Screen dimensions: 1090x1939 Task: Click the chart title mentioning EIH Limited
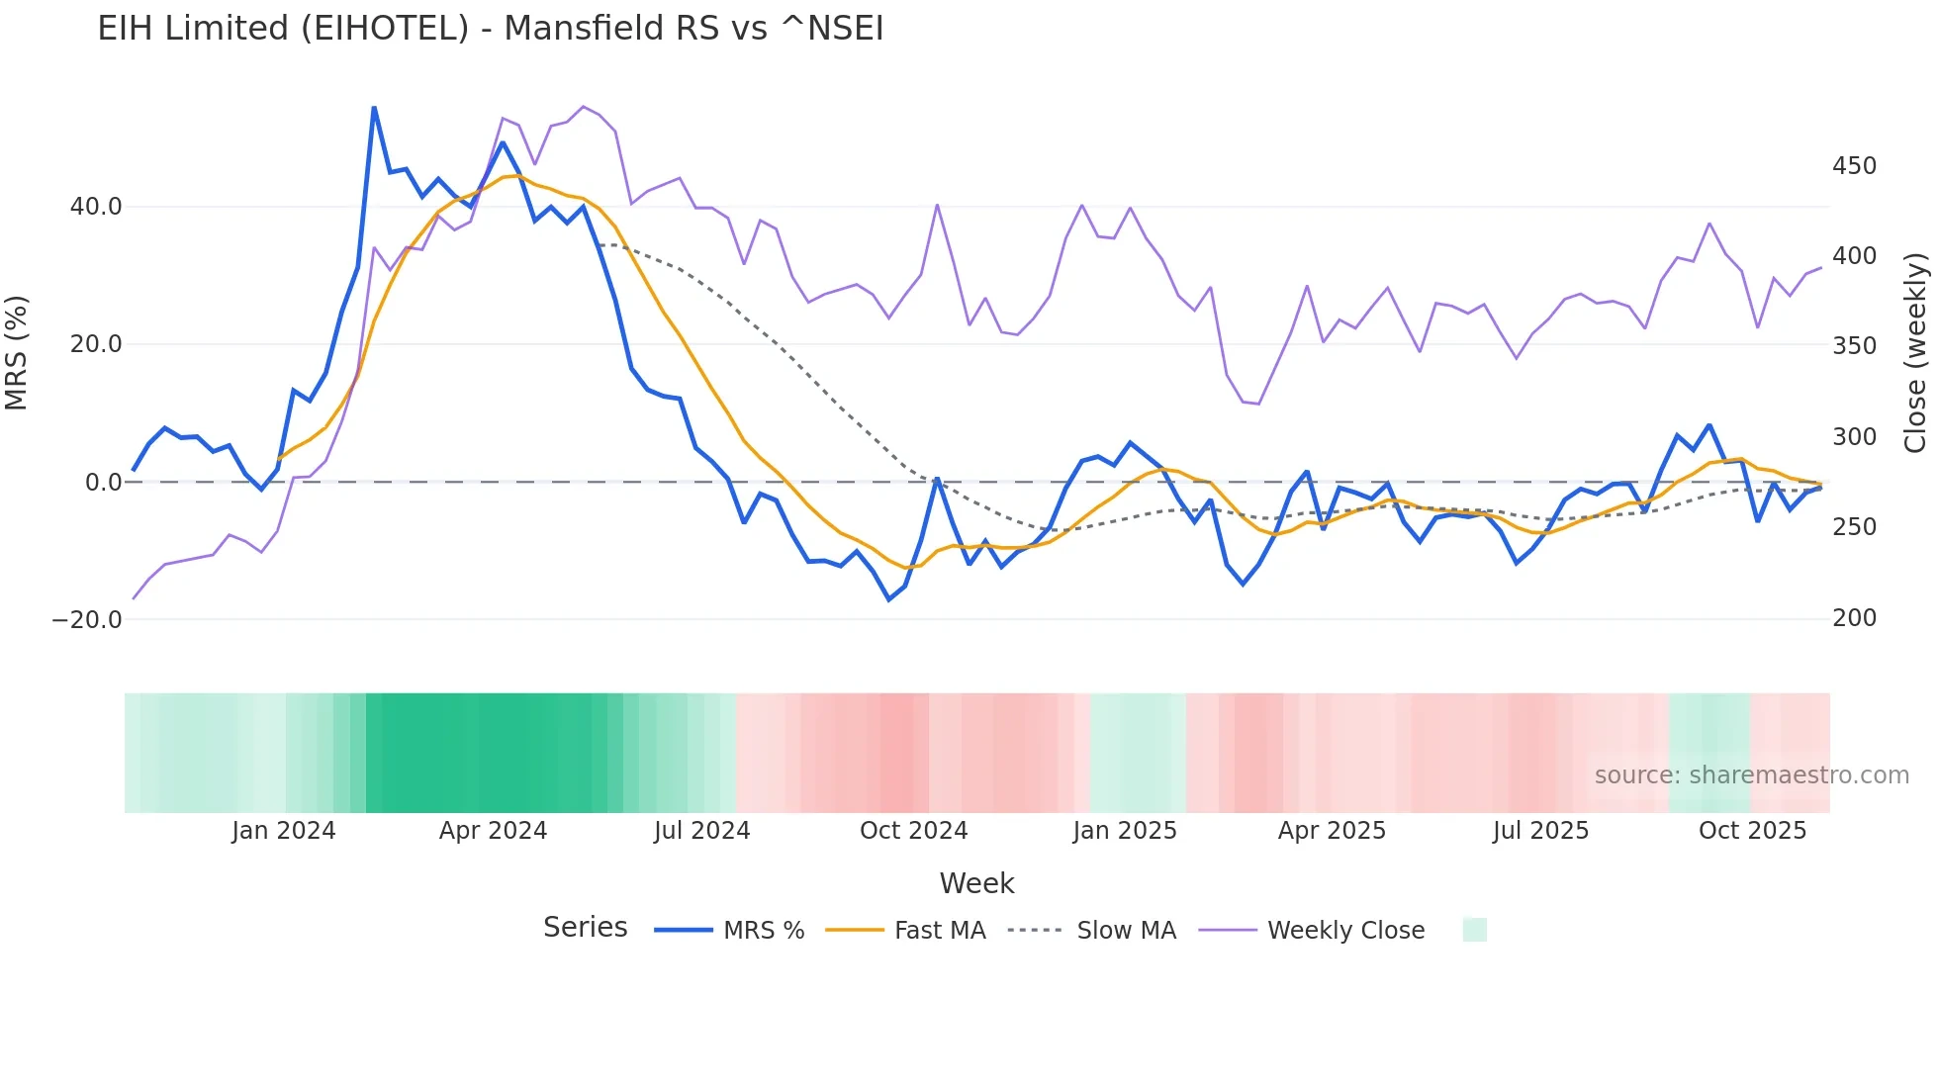coord(490,29)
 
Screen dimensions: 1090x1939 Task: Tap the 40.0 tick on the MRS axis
coord(96,207)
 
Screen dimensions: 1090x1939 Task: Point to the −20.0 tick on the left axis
coord(87,620)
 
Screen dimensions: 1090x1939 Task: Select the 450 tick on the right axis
coord(1854,166)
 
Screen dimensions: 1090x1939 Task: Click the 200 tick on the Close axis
coord(1854,618)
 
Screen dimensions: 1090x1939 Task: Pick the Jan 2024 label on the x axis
coord(284,831)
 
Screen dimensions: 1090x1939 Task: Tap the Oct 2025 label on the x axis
coord(1752,831)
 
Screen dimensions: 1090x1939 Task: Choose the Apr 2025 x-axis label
coord(1332,831)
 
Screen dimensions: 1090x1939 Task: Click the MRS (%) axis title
coord(17,352)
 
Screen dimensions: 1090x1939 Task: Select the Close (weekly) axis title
coord(1915,353)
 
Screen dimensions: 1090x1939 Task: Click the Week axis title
coord(976,883)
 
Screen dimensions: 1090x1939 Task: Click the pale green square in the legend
coord(1474,930)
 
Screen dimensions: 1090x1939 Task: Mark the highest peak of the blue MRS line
coord(374,108)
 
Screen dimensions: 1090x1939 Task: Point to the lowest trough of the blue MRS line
coord(888,599)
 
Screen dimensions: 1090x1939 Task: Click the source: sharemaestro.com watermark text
coord(1751,775)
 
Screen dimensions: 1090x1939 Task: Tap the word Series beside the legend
coord(585,928)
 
